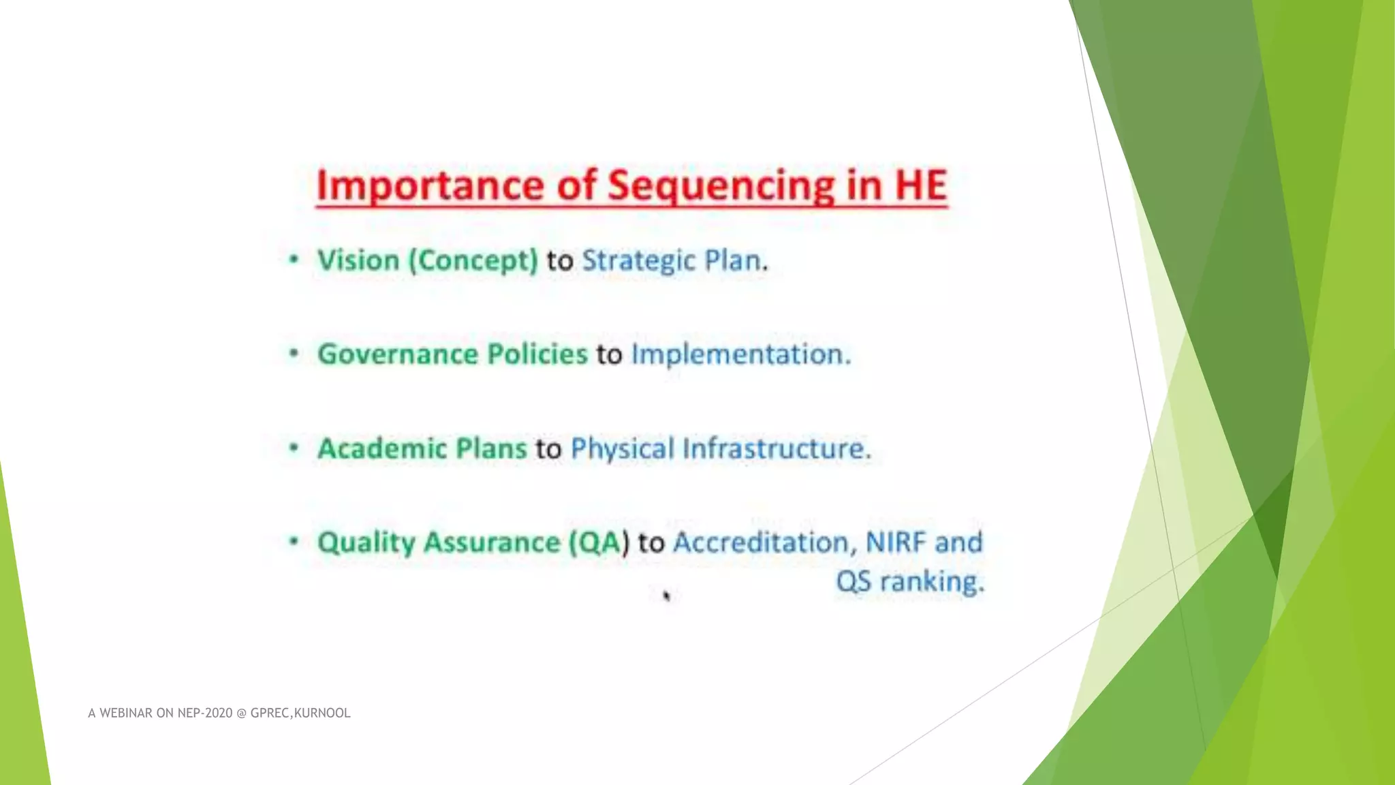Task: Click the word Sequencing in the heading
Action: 721,186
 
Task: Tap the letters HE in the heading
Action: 920,186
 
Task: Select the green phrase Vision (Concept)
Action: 428,261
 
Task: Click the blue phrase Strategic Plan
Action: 673,261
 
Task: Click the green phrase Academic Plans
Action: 422,448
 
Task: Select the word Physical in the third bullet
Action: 622,448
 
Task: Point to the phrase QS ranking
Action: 909,582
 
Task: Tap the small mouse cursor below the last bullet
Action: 666,596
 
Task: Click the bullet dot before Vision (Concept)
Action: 294,260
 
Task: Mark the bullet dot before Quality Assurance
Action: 294,542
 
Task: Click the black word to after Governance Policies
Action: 609,354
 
